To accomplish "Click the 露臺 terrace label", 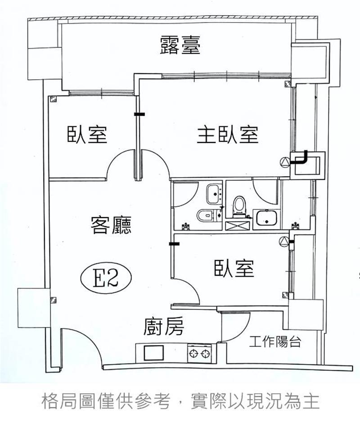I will point(180,46).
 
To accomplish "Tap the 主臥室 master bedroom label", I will point(227,135).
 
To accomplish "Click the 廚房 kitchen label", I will point(164,327).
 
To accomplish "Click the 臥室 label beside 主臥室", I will point(87,135).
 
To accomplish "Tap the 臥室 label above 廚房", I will point(234,269).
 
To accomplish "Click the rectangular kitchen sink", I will point(154,352).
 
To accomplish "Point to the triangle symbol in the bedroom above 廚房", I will point(284,241).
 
